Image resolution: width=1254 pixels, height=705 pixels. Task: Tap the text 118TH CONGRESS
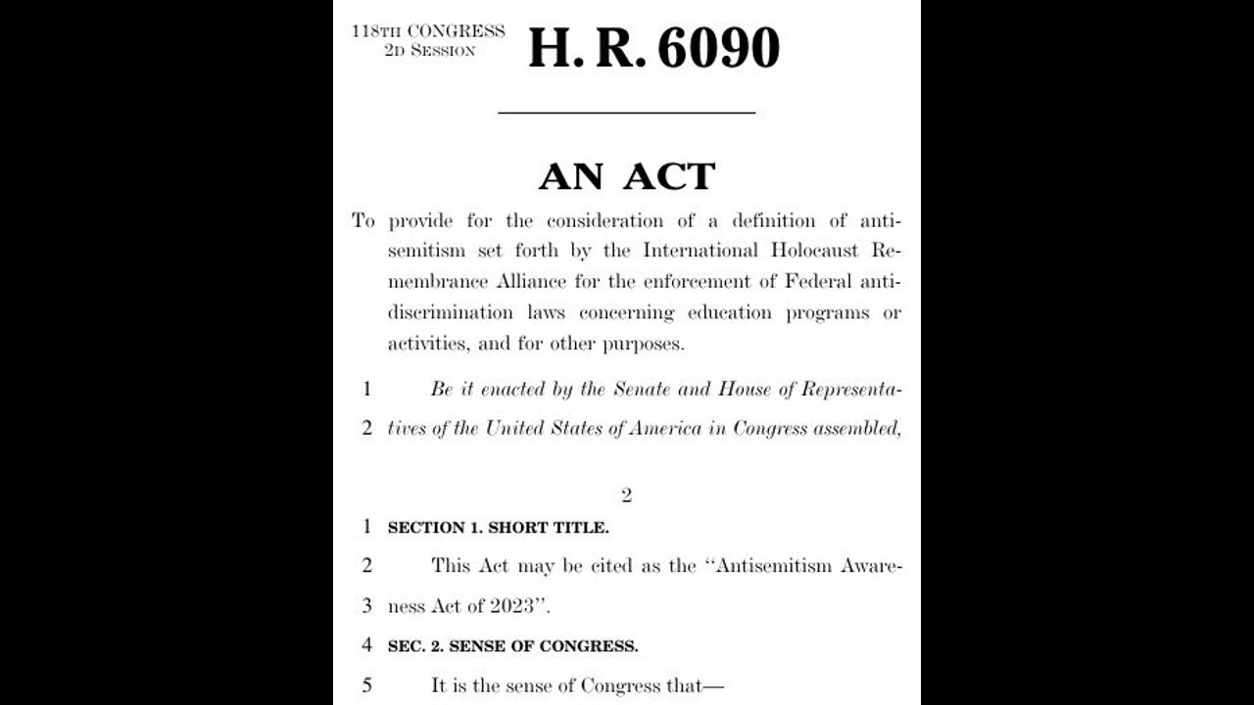(429, 30)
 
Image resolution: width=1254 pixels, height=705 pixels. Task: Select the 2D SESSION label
(429, 50)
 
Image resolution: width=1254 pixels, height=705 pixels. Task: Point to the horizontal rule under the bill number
(626, 113)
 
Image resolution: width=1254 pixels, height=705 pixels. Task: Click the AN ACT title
(627, 177)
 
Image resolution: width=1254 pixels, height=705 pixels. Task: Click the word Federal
(816, 282)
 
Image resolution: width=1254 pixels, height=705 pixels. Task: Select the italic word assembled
(856, 429)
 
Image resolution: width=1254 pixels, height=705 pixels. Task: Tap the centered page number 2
(627, 495)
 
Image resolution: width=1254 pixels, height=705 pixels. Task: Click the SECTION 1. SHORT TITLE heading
(498, 528)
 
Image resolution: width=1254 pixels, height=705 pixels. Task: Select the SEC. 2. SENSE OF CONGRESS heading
(512, 646)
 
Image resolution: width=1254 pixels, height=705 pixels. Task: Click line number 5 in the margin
(367, 685)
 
